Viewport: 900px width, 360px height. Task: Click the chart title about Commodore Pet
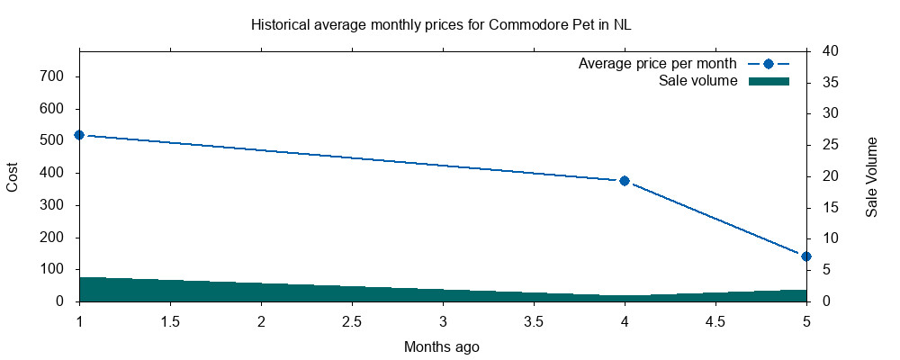pos(441,24)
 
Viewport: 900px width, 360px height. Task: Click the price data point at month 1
pos(79,135)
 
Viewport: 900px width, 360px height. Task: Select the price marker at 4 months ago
pos(625,181)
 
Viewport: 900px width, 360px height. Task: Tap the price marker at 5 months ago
pos(806,256)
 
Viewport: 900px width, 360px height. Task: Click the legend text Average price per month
pos(657,64)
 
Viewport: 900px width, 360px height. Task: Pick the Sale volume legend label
pos(697,81)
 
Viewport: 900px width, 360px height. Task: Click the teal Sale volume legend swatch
pos(769,81)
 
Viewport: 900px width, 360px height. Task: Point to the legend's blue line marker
pos(769,64)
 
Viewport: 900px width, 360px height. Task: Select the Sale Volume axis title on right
pos(871,176)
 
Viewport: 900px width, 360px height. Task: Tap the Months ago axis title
pos(441,346)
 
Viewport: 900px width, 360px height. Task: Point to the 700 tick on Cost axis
pos(51,76)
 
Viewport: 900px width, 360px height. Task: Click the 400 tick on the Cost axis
pos(51,173)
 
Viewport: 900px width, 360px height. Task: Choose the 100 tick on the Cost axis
pos(51,269)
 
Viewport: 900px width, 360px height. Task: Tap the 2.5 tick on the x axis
pos(352,321)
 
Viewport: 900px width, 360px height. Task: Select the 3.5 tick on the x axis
pos(534,321)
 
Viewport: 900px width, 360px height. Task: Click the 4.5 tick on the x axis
pos(715,321)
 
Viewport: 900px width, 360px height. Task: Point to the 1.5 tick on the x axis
pos(170,321)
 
